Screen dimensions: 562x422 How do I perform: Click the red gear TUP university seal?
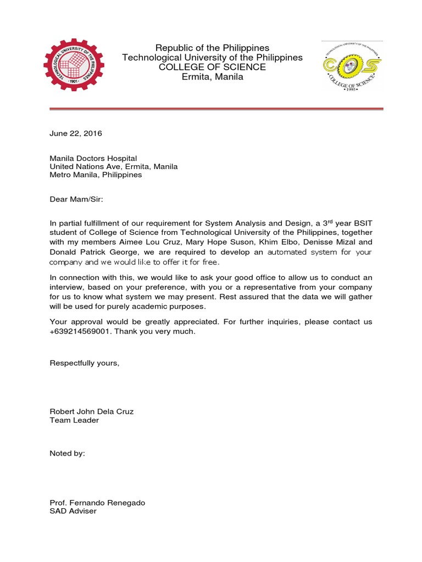pyautogui.click(x=73, y=65)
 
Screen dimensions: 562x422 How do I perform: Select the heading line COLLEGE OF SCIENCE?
pyautogui.click(x=212, y=67)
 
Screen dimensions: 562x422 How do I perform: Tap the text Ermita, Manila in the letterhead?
pyautogui.click(x=212, y=77)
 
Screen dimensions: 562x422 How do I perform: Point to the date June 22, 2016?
pyautogui.click(x=76, y=133)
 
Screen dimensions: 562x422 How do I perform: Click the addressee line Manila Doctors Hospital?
pyautogui.click(x=93, y=159)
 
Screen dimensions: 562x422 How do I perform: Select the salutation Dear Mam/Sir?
pyautogui.click(x=76, y=200)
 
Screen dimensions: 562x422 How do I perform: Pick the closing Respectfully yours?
pyautogui.click(x=84, y=363)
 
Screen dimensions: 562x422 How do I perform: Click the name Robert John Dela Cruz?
pyautogui.click(x=91, y=411)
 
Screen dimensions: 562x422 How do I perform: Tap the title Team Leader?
pyautogui.click(x=74, y=420)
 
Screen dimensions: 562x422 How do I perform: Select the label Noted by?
pyautogui.click(x=67, y=453)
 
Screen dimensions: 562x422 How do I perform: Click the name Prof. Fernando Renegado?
pyautogui.click(x=97, y=503)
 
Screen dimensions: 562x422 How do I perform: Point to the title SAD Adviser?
pyautogui.click(x=73, y=511)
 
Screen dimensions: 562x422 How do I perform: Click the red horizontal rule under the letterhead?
pyautogui.click(x=216, y=109)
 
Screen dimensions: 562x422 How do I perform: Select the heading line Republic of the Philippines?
pyautogui.click(x=212, y=48)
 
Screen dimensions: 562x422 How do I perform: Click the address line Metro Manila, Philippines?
pyautogui.click(x=96, y=175)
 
